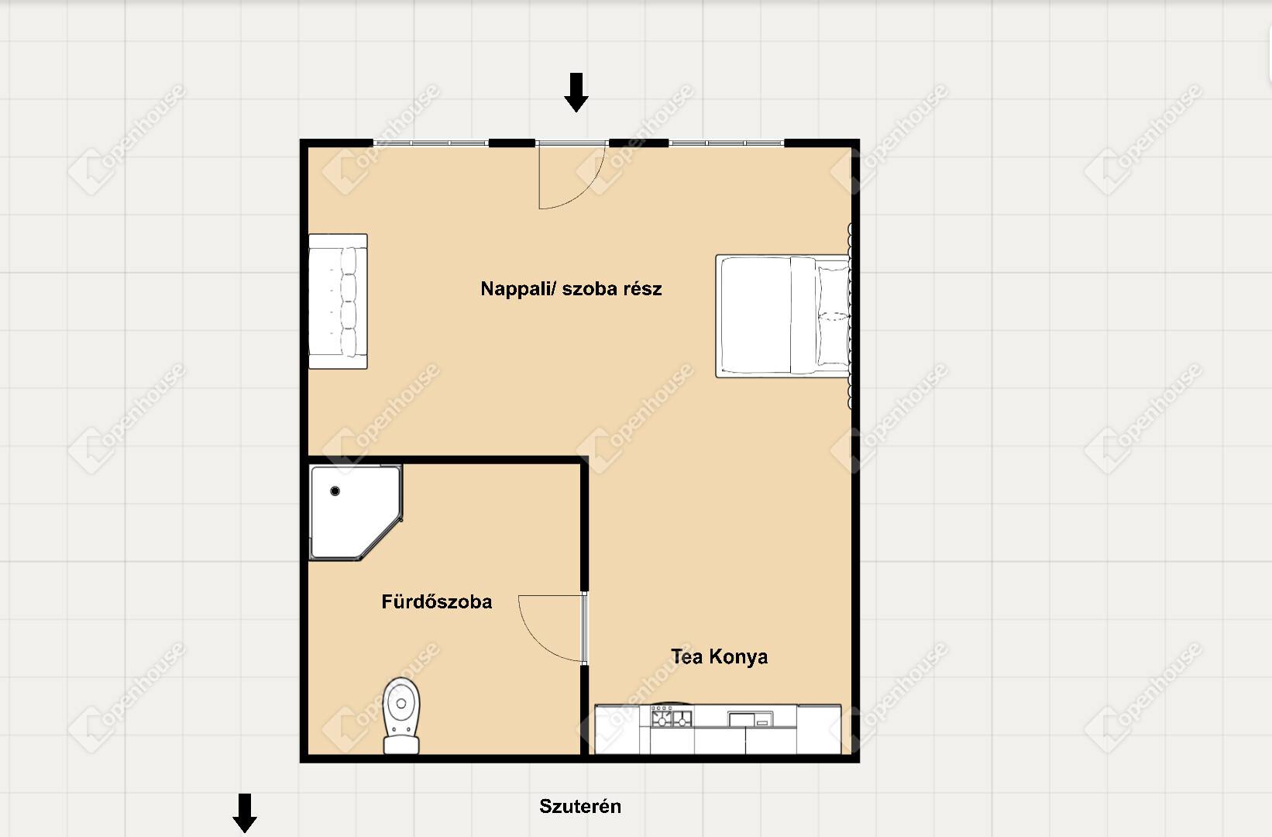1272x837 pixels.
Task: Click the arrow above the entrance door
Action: pyautogui.click(x=576, y=92)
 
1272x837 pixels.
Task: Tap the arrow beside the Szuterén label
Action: pyautogui.click(x=245, y=813)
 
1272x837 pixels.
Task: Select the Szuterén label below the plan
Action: pyautogui.click(x=579, y=806)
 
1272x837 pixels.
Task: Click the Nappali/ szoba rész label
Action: pyautogui.click(x=571, y=288)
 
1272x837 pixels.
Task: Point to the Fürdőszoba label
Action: pyautogui.click(x=437, y=601)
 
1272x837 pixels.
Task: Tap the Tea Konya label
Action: pyautogui.click(x=720, y=657)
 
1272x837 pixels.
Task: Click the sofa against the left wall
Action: pyautogui.click(x=338, y=301)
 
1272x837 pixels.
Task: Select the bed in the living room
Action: pyautogui.click(x=783, y=316)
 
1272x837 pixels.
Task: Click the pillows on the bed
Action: pyautogui.click(x=833, y=316)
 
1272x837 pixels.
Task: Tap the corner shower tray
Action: pyautogui.click(x=356, y=512)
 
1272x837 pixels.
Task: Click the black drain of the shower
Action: pyautogui.click(x=335, y=491)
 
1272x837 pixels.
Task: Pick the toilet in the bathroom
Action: pyautogui.click(x=401, y=715)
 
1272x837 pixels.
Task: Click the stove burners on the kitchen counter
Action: pyautogui.click(x=672, y=717)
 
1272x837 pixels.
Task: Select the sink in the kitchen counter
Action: pyautogui.click(x=750, y=718)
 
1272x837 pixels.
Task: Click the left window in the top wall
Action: pyautogui.click(x=431, y=143)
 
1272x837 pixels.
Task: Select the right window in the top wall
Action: pyautogui.click(x=727, y=143)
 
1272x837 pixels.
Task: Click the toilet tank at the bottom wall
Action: pyautogui.click(x=401, y=745)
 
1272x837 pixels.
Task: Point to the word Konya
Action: pyautogui.click(x=738, y=657)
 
